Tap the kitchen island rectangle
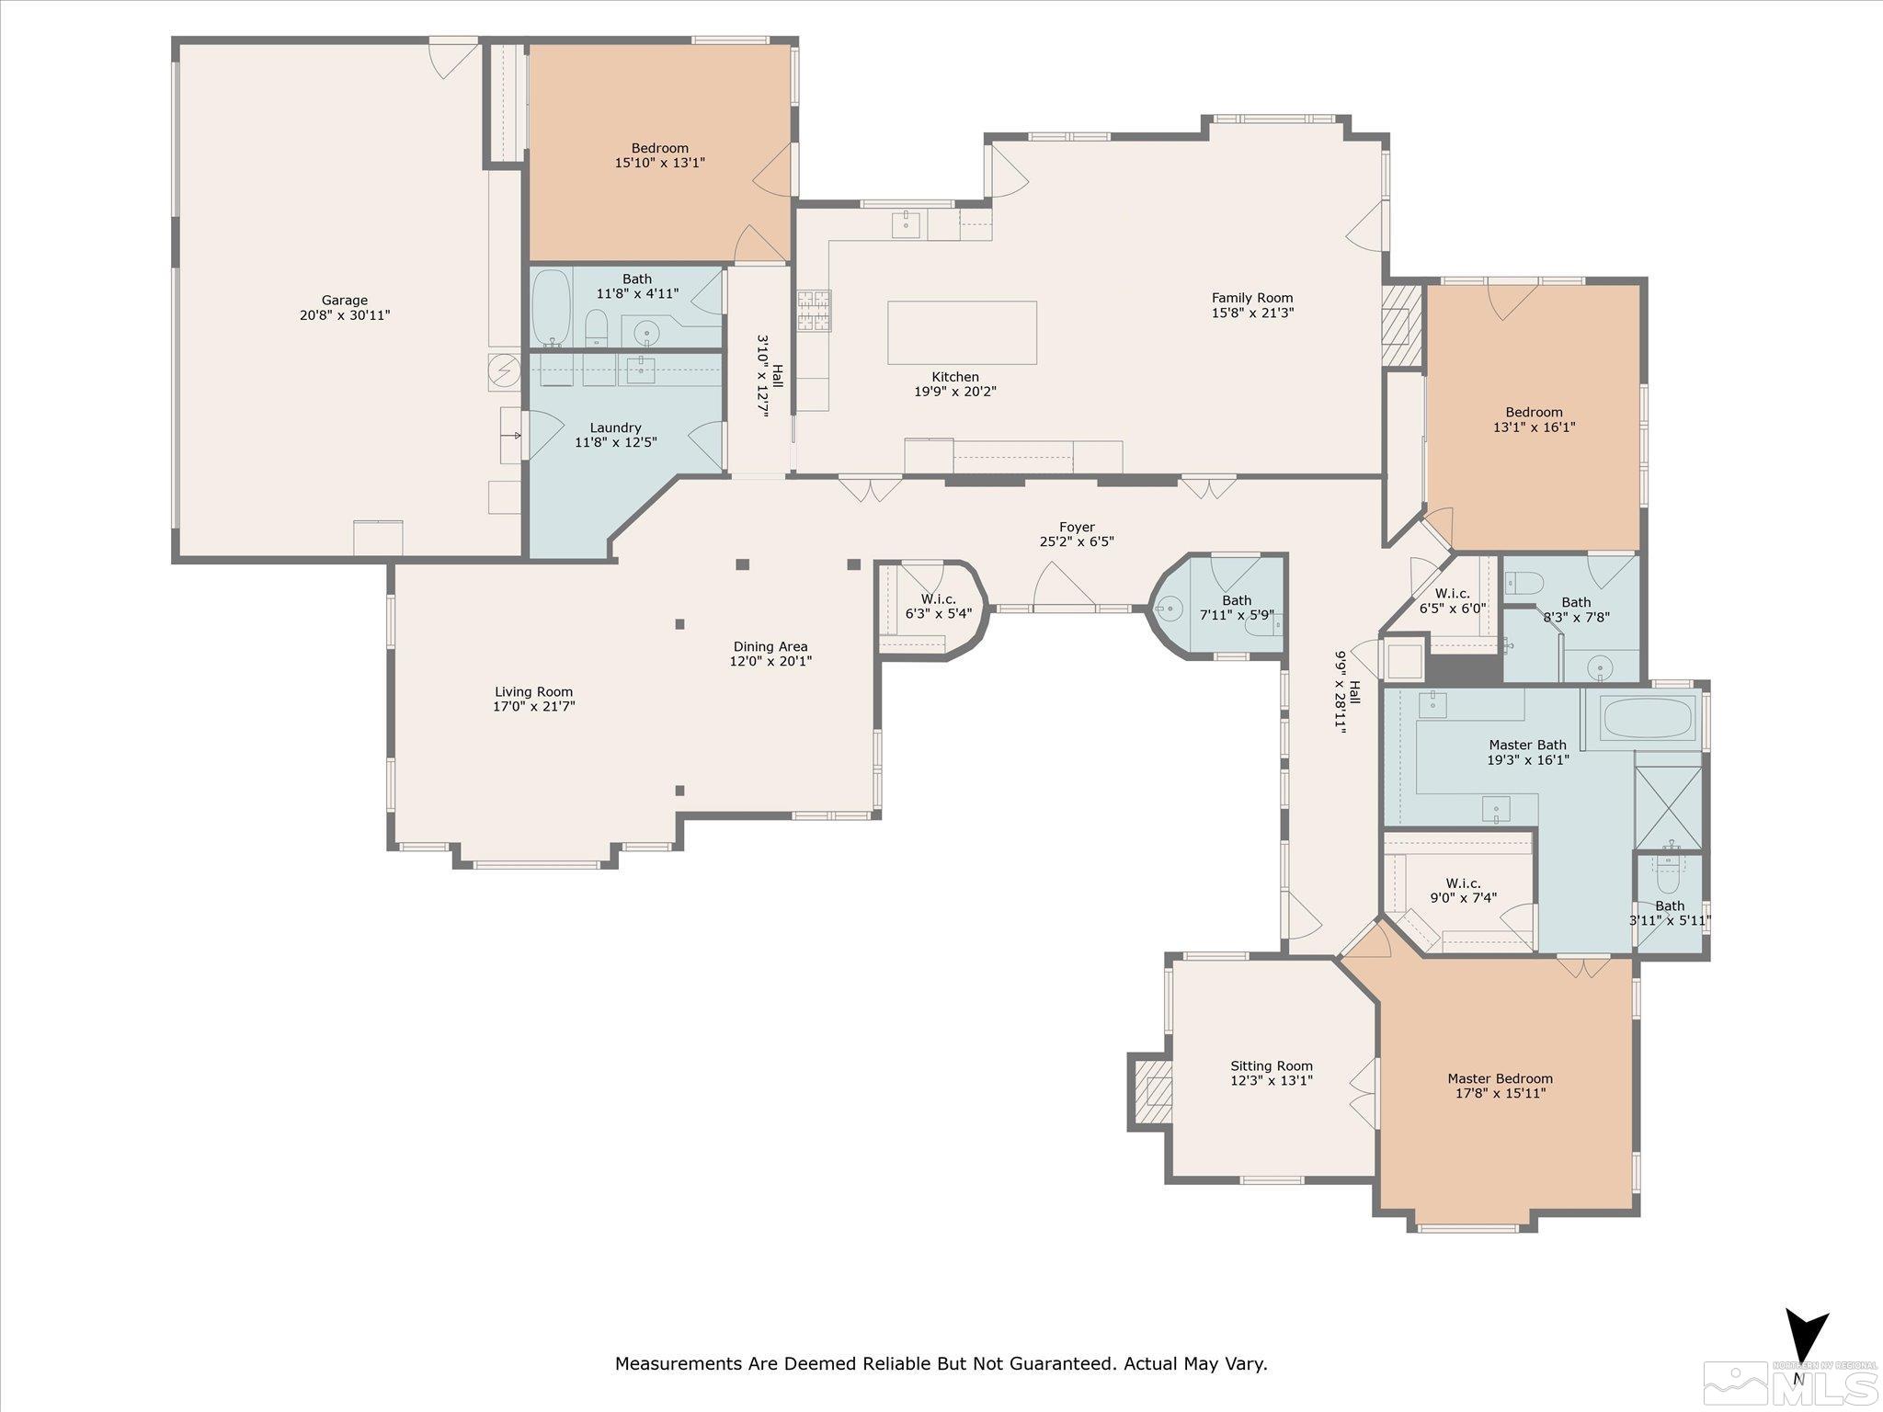[x=962, y=332]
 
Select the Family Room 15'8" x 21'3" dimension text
[x=1251, y=313]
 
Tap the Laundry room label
[x=615, y=427]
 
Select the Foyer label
[x=1076, y=528]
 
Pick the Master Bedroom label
[x=1500, y=1079]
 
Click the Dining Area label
[x=770, y=647]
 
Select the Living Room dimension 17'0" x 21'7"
[x=533, y=707]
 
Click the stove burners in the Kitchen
[x=814, y=310]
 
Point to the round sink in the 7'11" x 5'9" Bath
[x=1170, y=607]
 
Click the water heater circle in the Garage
[x=504, y=370]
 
